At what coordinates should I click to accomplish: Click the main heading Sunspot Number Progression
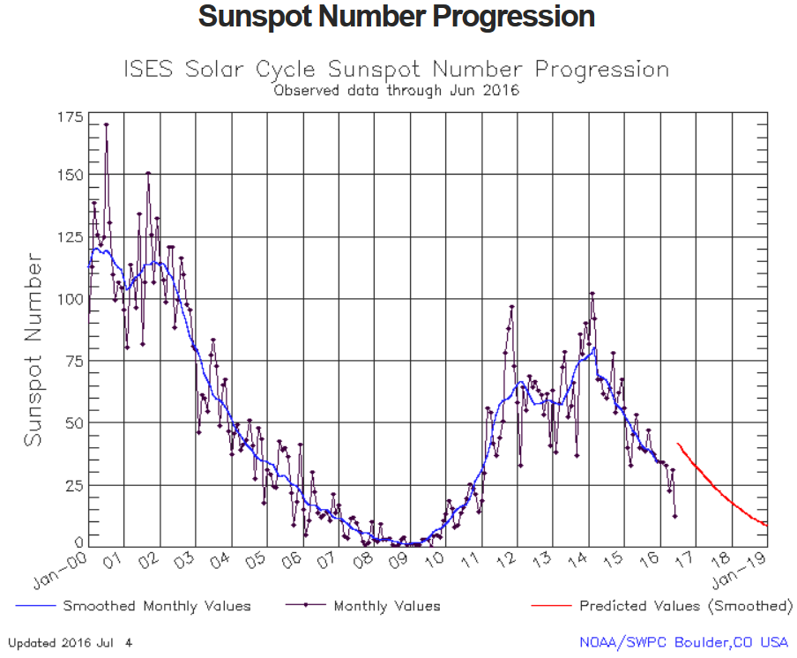point(397,17)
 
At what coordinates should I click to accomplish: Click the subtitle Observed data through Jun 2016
point(397,90)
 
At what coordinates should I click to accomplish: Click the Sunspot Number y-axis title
point(34,349)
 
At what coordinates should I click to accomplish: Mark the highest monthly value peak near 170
point(106,124)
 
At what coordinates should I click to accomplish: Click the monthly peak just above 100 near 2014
point(592,293)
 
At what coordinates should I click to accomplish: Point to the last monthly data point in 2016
point(675,517)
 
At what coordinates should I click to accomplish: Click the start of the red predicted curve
point(677,444)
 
